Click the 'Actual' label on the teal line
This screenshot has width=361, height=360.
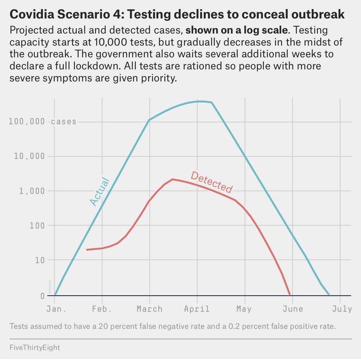(99, 191)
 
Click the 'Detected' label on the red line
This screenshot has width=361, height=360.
(211, 182)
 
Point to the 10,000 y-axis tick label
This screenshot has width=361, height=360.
(30, 156)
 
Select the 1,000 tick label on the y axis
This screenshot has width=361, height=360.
(32, 191)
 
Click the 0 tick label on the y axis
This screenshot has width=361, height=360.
(43, 296)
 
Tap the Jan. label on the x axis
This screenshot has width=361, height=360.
(56, 309)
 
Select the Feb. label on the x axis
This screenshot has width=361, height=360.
(102, 309)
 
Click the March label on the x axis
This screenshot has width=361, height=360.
(150, 309)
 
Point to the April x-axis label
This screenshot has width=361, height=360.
(197, 309)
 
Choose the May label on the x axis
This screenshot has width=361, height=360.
(244, 309)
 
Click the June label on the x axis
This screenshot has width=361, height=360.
(293, 309)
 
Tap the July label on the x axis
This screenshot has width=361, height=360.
(342, 309)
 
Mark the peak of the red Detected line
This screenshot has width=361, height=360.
(173, 179)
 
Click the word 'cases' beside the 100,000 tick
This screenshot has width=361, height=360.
(63, 122)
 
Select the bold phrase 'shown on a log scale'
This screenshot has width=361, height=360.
(236, 30)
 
